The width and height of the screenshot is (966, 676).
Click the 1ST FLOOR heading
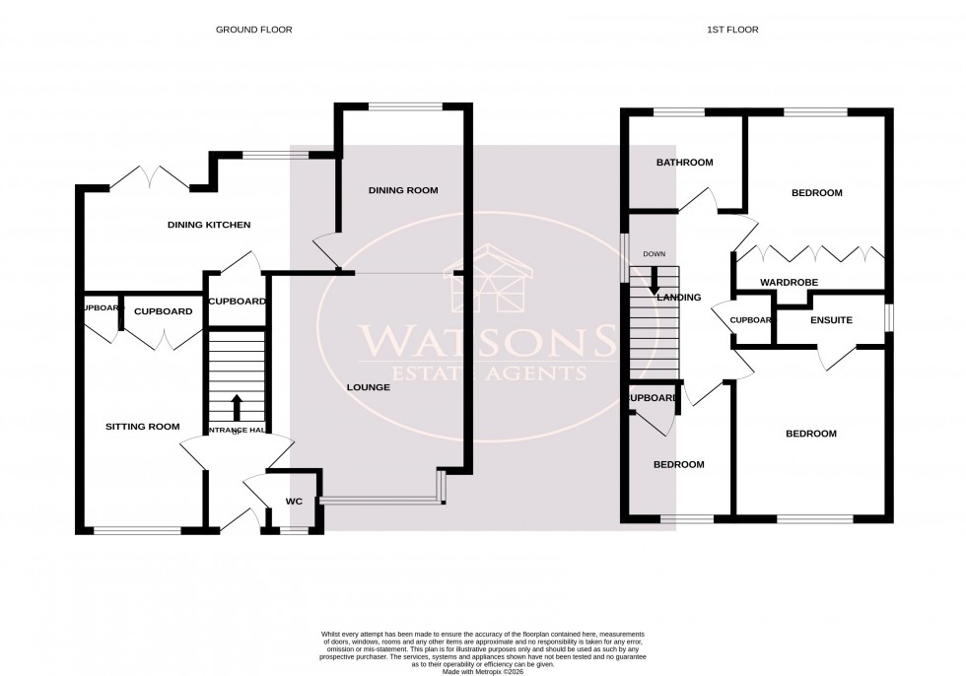(732, 30)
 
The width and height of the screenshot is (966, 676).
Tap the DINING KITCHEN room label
(209, 225)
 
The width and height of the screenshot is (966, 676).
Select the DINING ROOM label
(403, 190)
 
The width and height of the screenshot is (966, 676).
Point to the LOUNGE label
(369, 387)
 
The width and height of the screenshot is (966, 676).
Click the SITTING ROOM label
(143, 427)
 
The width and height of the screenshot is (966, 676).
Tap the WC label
(293, 502)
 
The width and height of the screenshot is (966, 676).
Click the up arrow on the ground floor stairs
(237, 407)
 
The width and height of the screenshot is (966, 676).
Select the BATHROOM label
(685, 163)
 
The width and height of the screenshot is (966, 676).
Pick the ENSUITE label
(831, 320)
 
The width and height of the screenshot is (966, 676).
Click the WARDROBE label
(789, 283)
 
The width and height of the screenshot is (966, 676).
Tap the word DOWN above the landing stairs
(654, 254)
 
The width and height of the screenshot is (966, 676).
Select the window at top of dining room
(405, 106)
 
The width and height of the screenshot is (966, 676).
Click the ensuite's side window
(888, 319)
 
